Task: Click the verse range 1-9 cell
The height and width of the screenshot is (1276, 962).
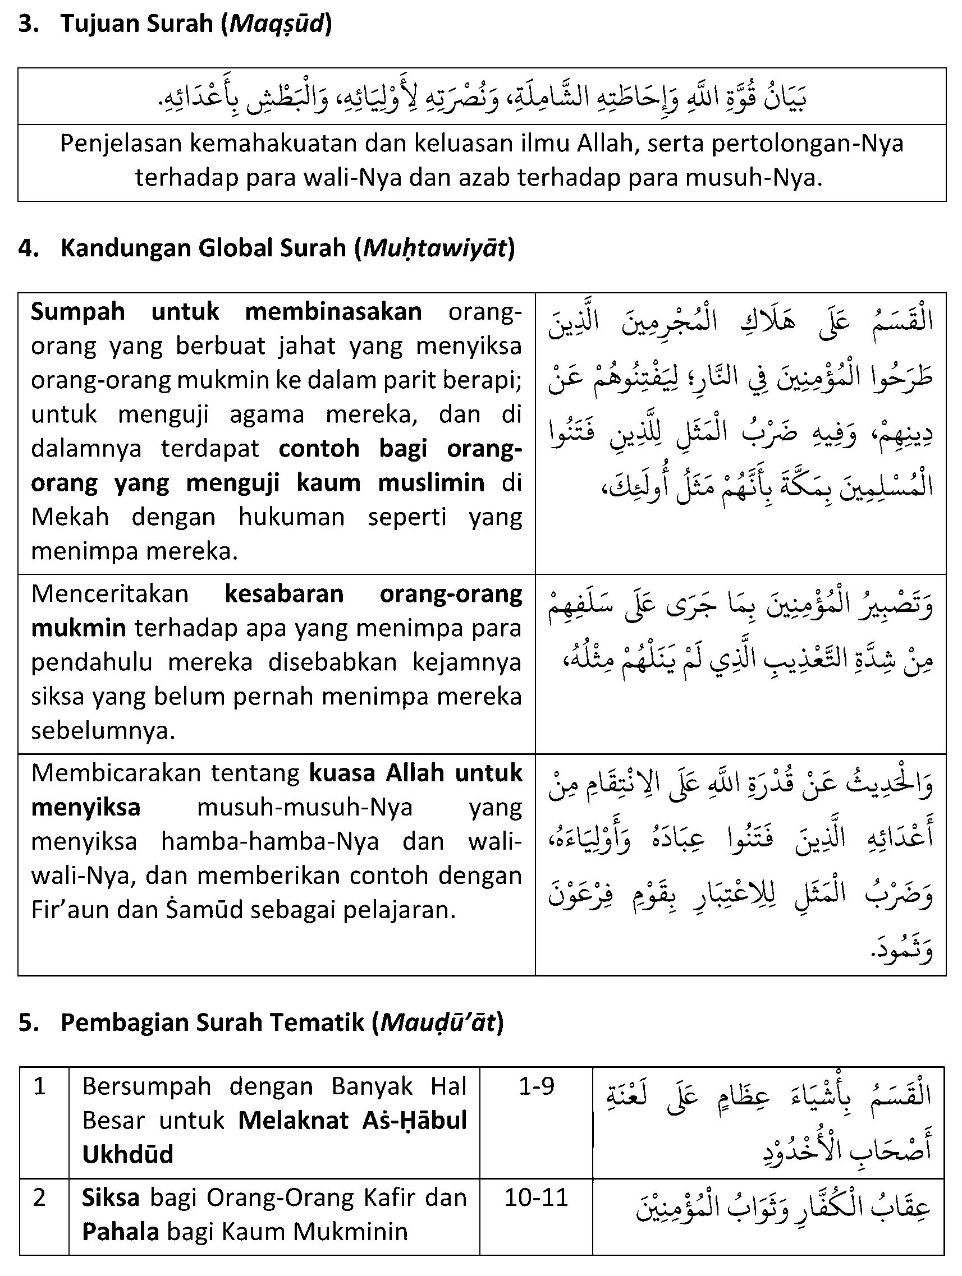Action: click(x=536, y=1087)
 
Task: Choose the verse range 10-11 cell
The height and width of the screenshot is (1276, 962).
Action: click(x=536, y=1198)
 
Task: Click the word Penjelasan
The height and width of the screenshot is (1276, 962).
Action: click(x=120, y=144)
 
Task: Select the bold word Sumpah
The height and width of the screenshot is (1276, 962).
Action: click(x=78, y=312)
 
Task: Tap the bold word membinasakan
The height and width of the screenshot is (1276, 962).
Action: click(x=333, y=312)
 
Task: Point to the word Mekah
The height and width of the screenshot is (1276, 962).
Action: click(x=70, y=517)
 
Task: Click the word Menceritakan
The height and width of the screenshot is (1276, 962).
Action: click(x=109, y=594)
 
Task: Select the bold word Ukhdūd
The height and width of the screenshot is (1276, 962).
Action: click(x=128, y=1155)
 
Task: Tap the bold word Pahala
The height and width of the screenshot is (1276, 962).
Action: click(x=120, y=1232)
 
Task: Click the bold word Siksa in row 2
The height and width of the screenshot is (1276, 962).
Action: click(x=111, y=1198)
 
